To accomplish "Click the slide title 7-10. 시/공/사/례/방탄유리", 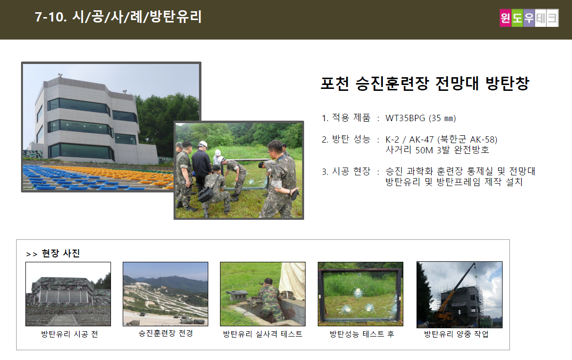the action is pyautogui.click(x=118, y=17).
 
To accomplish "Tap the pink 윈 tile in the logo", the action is pyautogui.click(x=505, y=18).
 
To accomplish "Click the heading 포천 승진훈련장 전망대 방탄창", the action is pyautogui.click(x=425, y=84).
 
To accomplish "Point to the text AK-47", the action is pyautogui.click(x=421, y=140).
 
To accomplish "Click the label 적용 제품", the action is pyautogui.click(x=351, y=118).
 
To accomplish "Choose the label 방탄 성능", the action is pyautogui.click(x=351, y=139).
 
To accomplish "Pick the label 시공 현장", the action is pyautogui.click(x=351, y=171).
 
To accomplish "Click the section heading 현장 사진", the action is pyautogui.click(x=61, y=253).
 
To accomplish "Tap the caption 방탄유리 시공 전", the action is pyautogui.click(x=69, y=334).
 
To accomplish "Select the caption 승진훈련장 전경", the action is pyautogui.click(x=166, y=333).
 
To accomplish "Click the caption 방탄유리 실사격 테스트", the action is pyautogui.click(x=263, y=334).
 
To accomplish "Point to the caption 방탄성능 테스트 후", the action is pyautogui.click(x=362, y=334).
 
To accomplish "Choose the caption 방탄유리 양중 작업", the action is pyautogui.click(x=456, y=334).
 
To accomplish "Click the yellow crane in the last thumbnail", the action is pyautogui.click(x=452, y=299).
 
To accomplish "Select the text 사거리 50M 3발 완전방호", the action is pyautogui.click(x=437, y=150).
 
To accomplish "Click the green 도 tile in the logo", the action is pyautogui.click(x=517, y=18).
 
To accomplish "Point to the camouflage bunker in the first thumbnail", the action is pyautogui.click(x=68, y=294).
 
